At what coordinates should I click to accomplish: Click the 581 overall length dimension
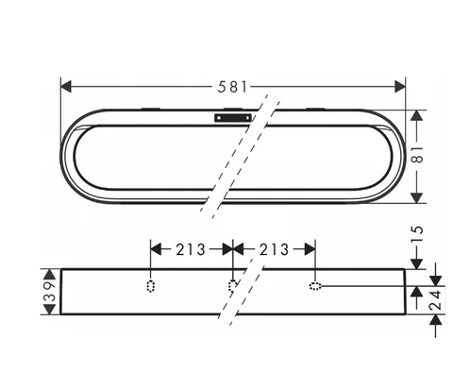[232, 87]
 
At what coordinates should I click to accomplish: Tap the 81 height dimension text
[417, 154]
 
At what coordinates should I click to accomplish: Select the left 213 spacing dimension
[191, 249]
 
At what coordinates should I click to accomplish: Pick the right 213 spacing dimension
[274, 249]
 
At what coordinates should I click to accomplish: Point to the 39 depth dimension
[50, 292]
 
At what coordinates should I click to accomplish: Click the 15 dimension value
[417, 234]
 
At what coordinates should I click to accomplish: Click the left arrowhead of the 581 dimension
[66, 87]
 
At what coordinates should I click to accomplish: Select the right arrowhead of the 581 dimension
[400, 87]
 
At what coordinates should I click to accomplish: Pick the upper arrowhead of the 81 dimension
[417, 115]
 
